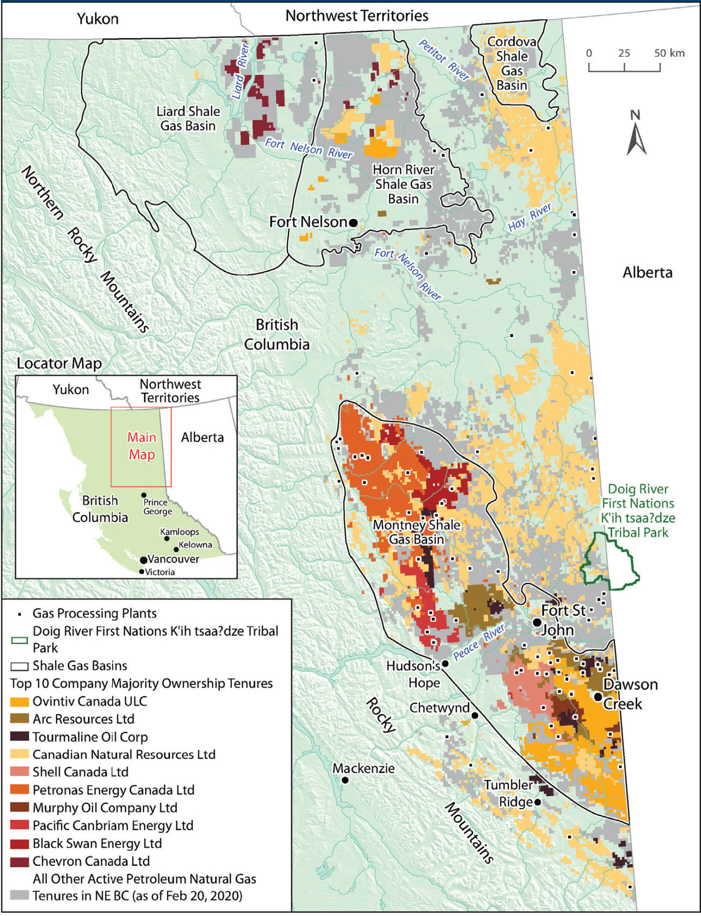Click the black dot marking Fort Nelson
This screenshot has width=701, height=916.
[353, 222]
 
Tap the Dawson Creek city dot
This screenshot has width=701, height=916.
[598, 697]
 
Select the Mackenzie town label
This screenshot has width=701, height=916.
[364, 768]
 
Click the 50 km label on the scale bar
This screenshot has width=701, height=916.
[669, 53]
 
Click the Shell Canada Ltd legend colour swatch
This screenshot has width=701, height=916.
[20, 772]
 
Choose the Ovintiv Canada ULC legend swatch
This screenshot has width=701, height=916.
[20, 701]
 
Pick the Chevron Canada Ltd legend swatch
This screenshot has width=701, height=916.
[20, 861]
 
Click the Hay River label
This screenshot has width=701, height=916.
[530, 217]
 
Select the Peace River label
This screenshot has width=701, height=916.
[479, 642]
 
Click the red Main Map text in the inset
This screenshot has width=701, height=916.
[142, 445]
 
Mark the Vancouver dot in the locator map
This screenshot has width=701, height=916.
[143, 560]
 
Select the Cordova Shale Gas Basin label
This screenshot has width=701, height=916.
[512, 64]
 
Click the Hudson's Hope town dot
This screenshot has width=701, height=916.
[445, 663]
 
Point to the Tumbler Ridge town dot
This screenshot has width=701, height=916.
[537, 802]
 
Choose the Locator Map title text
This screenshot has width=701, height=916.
[59, 363]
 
